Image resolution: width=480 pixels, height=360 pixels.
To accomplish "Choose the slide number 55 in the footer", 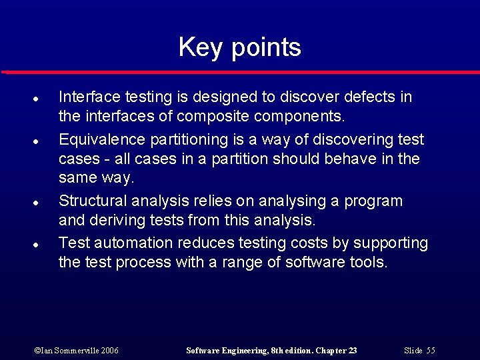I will pyautogui.click(x=431, y=351).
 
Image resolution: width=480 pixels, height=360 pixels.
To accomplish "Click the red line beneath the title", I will pyautogui.click(x=240, y=71).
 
